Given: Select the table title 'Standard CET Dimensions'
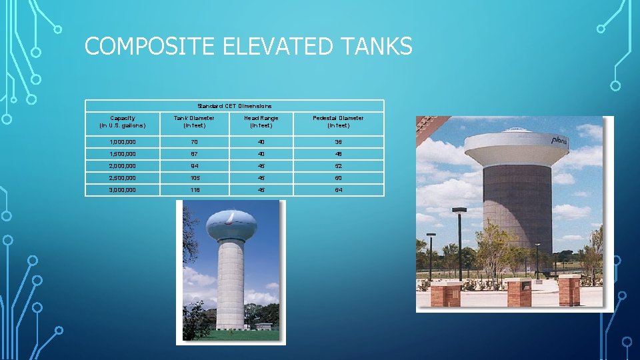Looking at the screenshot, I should (234, 105).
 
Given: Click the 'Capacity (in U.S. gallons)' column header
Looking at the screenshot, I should (122, 121).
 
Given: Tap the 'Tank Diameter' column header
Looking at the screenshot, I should (194, 121).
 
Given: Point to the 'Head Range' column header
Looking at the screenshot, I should (261, 121).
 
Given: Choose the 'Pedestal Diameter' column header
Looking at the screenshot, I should (339, 121).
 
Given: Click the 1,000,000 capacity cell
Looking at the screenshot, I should (122, 142).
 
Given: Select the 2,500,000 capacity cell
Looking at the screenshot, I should (122, 178).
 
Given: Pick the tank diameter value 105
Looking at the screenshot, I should (194, 178).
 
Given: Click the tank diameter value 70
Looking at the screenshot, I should (194, 142).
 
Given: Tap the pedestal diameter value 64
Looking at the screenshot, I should (339, 190).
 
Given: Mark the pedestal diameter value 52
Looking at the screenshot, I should (339, 166).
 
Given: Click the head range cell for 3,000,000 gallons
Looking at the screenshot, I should (261, 190).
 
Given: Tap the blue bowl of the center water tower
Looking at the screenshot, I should (230, 225).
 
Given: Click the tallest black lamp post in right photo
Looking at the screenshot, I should (459, 243).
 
